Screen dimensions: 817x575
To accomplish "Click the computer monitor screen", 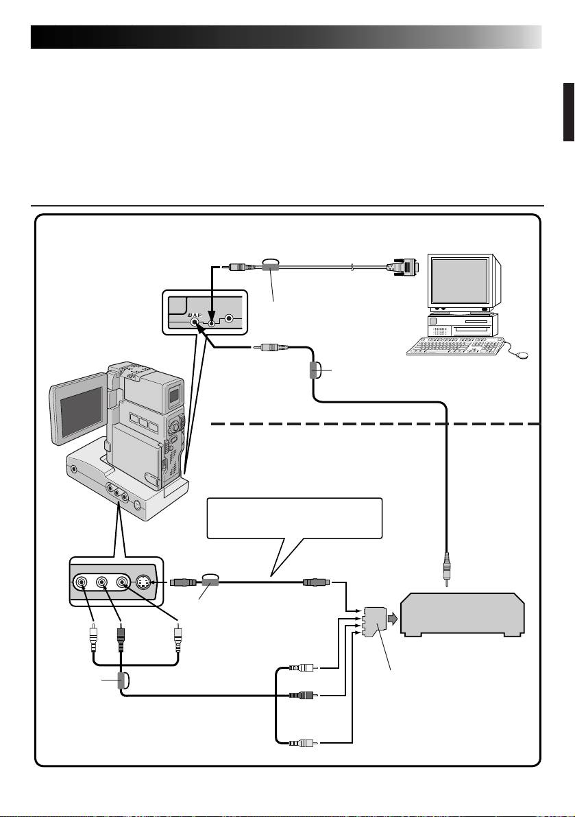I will (x=458, y=283).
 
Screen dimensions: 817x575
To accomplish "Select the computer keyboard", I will (x=454, y=346).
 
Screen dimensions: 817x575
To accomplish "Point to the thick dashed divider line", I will (x=377, y=424).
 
